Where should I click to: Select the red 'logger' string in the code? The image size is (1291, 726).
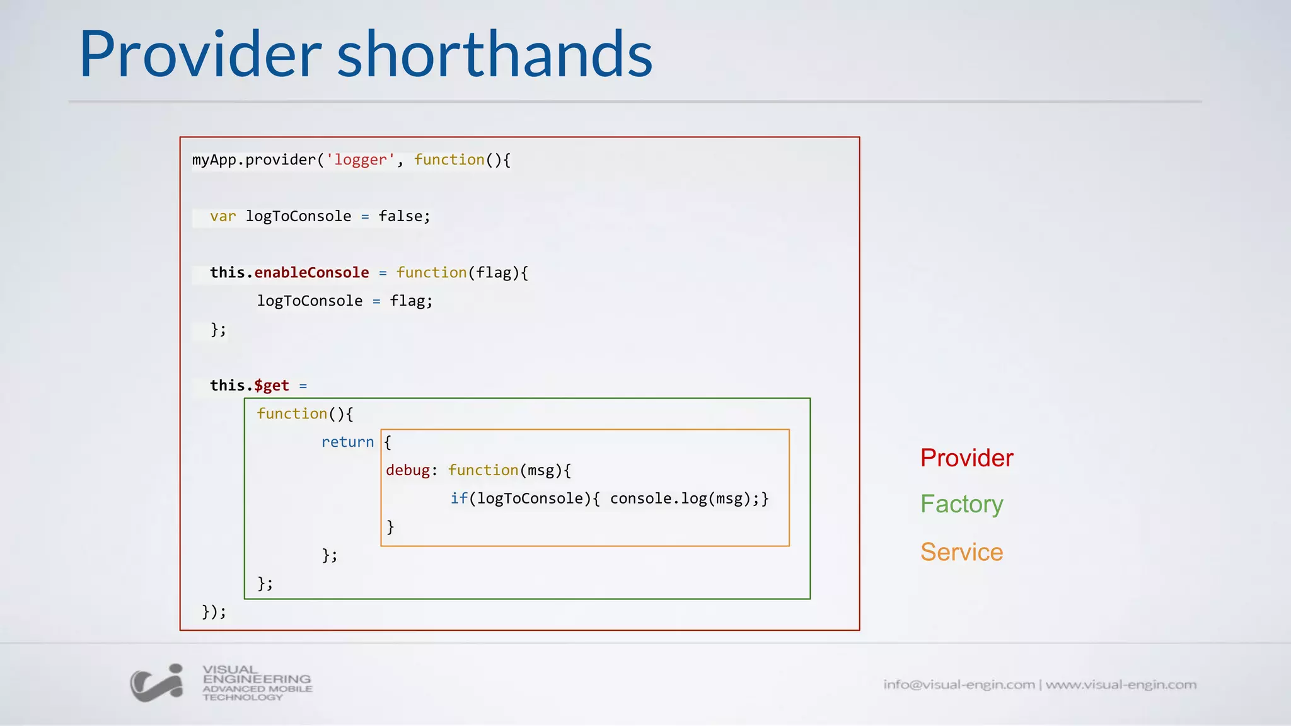pos(360,160)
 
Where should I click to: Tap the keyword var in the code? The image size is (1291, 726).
pos(223,217)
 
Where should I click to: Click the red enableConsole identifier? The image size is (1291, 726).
pos(311,273)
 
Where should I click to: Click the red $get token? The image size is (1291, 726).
pos(272,386)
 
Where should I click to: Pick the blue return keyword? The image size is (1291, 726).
pos(347,442)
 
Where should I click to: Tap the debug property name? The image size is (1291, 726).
pos(408,471)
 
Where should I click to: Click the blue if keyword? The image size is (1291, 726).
pos(459,499)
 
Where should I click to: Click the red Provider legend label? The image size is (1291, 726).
pos(966,458)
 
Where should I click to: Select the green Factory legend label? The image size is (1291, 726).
pos(961,504)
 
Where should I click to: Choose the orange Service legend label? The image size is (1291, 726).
pos(961,552)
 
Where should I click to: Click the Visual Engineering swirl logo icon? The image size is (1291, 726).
pos(157,683)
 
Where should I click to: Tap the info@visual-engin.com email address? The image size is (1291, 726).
pos(959,684)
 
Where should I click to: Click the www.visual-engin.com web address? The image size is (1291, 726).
pos(1121,684)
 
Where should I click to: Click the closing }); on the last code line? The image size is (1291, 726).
pos(214,612)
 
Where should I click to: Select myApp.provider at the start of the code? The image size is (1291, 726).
pos(253,160)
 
